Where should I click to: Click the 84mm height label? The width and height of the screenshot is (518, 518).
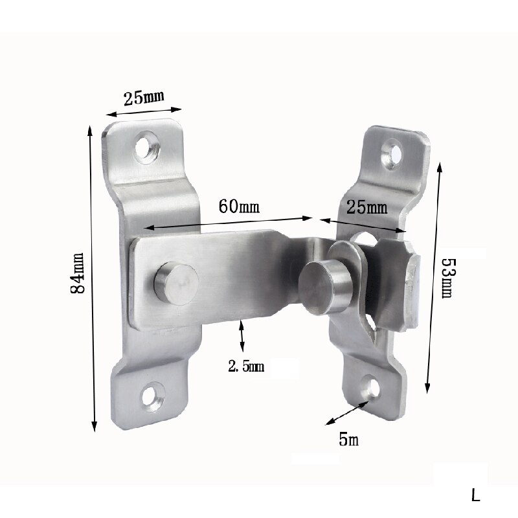(80, 273)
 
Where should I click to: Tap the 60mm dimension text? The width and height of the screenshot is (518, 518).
(239, 207)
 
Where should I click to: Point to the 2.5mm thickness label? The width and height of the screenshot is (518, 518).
(246, 367)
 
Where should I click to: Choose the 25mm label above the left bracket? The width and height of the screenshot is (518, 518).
(144, 98)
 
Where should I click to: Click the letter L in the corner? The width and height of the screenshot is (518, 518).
(476, 497)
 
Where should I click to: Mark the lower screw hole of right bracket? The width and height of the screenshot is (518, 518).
(372, 388)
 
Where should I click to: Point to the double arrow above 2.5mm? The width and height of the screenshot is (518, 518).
(242, 337)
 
